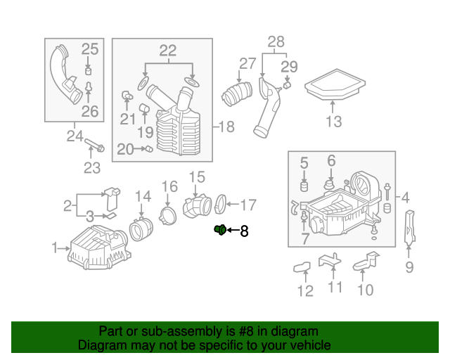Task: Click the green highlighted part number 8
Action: (x=219, y=229)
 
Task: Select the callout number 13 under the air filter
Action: (x=333, y=121)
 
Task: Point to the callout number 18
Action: (x=226, y=127)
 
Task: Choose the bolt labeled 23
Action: (x=95, y=146)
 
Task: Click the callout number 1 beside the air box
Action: (x=56, y=247)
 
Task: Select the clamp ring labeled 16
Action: (x=169, y=214)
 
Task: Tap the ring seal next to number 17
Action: (x=219, y=205)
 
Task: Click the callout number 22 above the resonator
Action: (x=167, y=51)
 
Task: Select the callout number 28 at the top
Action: (x=276, y=41)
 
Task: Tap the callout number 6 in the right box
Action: (x=331, y=161)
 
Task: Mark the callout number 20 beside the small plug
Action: (x=124, y=149)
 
